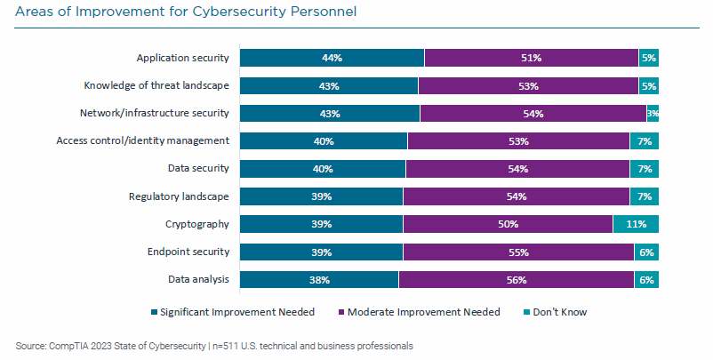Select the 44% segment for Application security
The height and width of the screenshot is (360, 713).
[x=332, y=58]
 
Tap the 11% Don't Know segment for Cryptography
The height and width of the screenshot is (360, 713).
[x=636, y=224]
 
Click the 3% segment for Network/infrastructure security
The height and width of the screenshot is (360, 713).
[x=653, y=114]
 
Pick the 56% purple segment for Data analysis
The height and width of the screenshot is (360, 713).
[x=516, y=280]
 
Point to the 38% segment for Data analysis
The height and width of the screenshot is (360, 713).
[x=319, y=280]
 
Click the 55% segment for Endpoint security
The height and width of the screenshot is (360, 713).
[x=517, y=252]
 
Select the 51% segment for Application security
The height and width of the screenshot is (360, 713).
[x=531, y=58]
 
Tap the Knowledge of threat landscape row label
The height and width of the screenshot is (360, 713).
[x=156, y=85]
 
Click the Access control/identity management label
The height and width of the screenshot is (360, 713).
[x=142, y=140]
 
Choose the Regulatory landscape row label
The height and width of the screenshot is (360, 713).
[x=179, y=196]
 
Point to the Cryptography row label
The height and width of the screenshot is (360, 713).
[x=197, y=224]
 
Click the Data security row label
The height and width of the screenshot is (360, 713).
[x=198, y=168]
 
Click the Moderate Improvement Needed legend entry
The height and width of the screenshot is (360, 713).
[x=421, y=312]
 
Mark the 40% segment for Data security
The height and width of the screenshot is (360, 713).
[x=323, y=169]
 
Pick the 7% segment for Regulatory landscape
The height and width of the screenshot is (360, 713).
[x=644, y=196]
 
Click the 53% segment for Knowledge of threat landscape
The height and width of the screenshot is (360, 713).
[x=528, y=85]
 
